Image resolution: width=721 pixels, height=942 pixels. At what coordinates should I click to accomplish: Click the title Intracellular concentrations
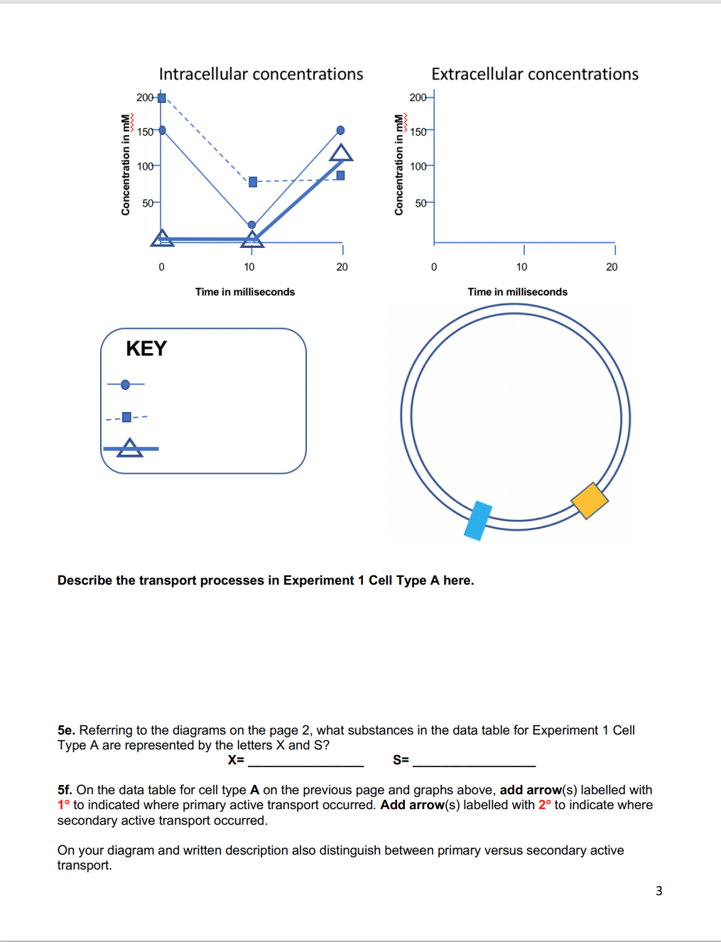click(261, 74)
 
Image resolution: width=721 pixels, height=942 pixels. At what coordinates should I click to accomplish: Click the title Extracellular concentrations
click(534, 74)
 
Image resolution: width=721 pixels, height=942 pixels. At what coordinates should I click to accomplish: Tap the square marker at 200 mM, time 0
click(162, 98)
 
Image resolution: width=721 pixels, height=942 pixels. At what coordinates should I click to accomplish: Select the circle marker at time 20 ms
click(341, 130)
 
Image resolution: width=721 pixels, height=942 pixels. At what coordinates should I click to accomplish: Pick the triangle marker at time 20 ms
click(341, 153)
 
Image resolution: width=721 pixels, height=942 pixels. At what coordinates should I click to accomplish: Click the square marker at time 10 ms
click(253, 182)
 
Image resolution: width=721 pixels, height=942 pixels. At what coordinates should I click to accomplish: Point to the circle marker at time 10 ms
click(251, 224)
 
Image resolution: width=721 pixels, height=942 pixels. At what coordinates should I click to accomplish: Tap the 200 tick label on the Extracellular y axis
click(418, 97)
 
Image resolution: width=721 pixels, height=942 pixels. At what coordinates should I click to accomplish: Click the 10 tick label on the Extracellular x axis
click(522, 267)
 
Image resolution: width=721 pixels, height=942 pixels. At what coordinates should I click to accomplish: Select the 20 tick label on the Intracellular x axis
click(342, 267)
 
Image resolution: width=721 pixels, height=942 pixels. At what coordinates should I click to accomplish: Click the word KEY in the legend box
click(146, 349)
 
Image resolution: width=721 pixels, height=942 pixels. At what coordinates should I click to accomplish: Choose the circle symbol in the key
click(126, 384)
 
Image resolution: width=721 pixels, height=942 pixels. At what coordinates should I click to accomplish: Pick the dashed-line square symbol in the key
click(126, 417)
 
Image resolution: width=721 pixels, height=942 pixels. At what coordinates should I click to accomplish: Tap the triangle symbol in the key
click(129, 448)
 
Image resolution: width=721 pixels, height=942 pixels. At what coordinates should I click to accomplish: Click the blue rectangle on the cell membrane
click(478, 521)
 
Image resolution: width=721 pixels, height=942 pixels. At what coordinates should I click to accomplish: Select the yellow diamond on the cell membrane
click(590, 501)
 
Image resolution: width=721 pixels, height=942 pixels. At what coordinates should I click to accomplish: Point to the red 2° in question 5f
click(545, 805)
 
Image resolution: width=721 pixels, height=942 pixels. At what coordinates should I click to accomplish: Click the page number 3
click(658, 891)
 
